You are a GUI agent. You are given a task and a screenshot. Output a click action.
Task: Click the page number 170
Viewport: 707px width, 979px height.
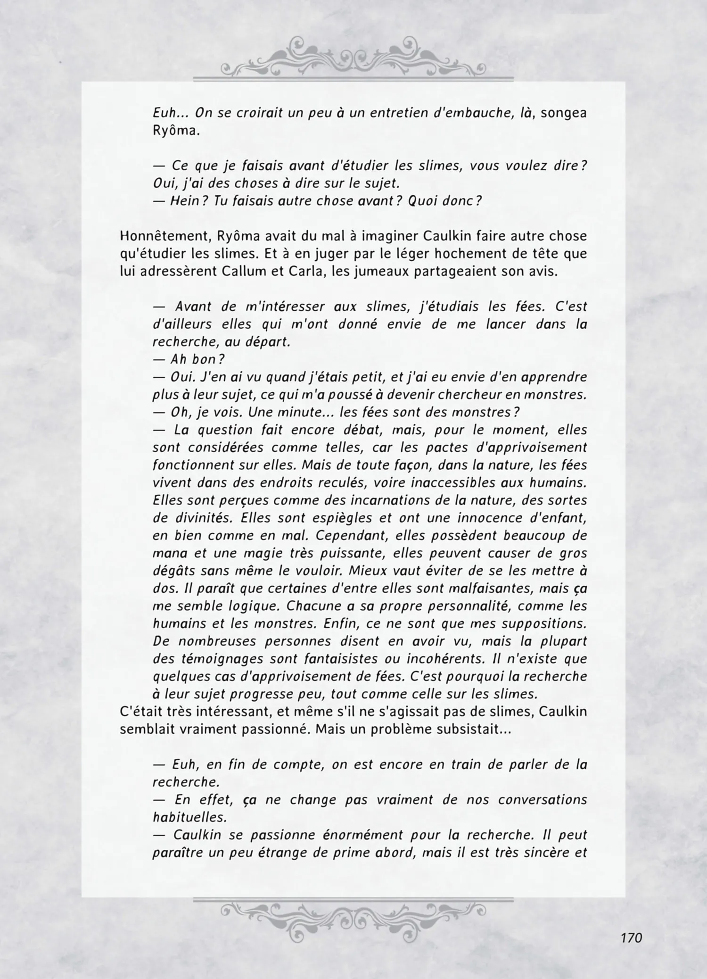pyautogui.click(x=631, y=938)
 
